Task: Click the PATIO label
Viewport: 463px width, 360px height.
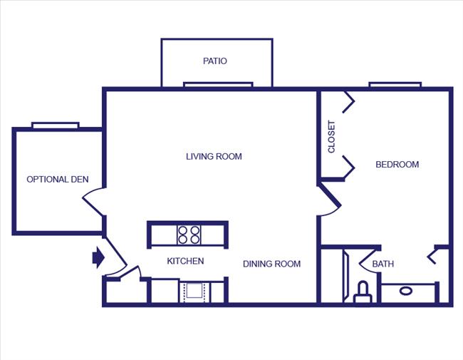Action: (214, 61)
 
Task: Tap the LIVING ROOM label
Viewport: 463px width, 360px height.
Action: (214, 156)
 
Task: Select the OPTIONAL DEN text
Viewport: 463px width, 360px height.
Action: (58, 180)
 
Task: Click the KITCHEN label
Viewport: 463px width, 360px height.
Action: (185, 261)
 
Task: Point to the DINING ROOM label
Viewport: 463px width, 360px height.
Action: (271, 264)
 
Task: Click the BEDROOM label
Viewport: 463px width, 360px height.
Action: (397, 165)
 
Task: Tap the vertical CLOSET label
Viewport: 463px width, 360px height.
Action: (331, 136)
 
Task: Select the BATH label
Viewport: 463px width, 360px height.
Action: (383, 264)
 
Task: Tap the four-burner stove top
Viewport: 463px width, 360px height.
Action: (189, 235)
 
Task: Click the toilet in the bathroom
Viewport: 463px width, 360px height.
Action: (363, 292)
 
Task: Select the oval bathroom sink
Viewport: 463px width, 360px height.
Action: (406, 291)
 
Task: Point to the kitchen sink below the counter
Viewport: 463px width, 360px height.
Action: (194, 291)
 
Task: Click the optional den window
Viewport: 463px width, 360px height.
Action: (55, 125)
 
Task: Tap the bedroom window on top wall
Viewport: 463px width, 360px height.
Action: (395, 85)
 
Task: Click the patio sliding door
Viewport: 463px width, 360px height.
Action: (218, 85)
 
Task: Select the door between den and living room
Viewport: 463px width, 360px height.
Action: (95, 203)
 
